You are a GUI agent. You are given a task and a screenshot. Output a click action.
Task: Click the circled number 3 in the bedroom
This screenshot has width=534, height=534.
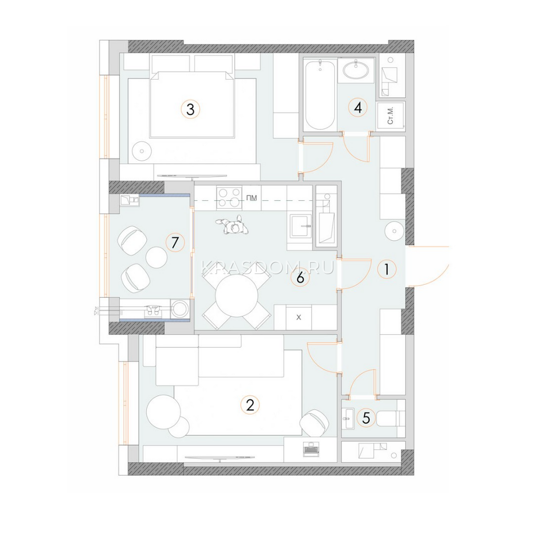[x=190, y=109]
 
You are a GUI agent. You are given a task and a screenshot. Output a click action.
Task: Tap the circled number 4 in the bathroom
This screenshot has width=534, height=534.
[x=358, y=108]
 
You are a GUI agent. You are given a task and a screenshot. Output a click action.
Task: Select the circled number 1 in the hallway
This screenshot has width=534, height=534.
[x=387, y=269]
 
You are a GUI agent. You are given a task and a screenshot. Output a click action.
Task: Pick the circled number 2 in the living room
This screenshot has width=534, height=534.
[x=250, y=405]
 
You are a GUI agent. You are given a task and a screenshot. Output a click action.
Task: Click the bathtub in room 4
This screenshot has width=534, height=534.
[x=320, y=95]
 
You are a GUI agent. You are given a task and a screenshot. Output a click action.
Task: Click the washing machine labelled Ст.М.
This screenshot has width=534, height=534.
[x=391, y=115]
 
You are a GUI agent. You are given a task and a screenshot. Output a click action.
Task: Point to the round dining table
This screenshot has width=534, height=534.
[x=237, y=295]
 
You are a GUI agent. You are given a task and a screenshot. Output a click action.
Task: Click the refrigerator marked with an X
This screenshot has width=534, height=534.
[x=299, y=317]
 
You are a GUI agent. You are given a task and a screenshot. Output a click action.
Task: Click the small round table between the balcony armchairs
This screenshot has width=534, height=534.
[x=156, y=257]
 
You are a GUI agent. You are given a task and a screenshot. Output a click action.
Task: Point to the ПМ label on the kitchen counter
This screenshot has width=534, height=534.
[x=251, y=198]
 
